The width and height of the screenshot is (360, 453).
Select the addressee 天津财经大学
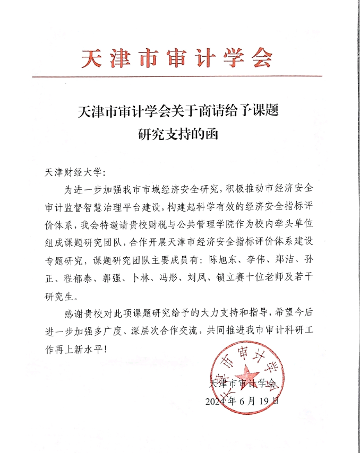(x=73, y=173)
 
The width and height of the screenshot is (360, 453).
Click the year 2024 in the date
(x=217, y=401)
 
